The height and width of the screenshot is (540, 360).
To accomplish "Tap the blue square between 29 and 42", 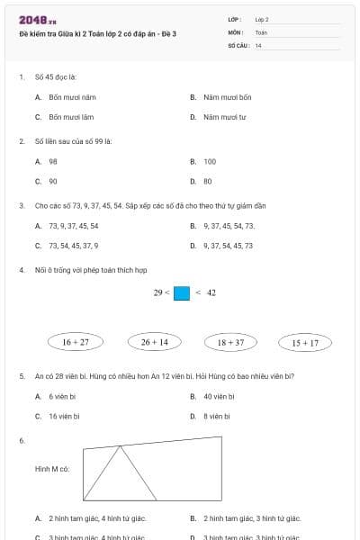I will click(x=182, y=292).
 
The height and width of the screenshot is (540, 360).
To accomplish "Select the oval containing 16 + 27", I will click(x=76, y=342).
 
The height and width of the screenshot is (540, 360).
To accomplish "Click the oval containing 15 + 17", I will click(x=305, y=342).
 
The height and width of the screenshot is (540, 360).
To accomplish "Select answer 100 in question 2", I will click(x=210, y=162).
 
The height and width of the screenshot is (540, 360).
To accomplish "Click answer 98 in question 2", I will click(x=53, y=162).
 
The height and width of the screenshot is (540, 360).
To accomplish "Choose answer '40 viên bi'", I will click(x=219, y=396).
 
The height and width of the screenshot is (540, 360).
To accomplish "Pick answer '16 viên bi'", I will click(x=65, y=416).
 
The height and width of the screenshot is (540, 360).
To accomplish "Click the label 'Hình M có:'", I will click(x=52, y=469).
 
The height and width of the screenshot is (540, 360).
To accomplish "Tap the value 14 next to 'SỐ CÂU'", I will click(x=258, y=45).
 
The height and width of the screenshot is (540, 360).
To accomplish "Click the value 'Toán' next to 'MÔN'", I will click(x=261, y=31).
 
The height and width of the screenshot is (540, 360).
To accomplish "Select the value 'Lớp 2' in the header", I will click(x=262, y=18).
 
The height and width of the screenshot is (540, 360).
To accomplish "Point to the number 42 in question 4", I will click(x=211, y=292).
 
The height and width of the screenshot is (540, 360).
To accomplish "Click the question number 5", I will click(x=21, y=375).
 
